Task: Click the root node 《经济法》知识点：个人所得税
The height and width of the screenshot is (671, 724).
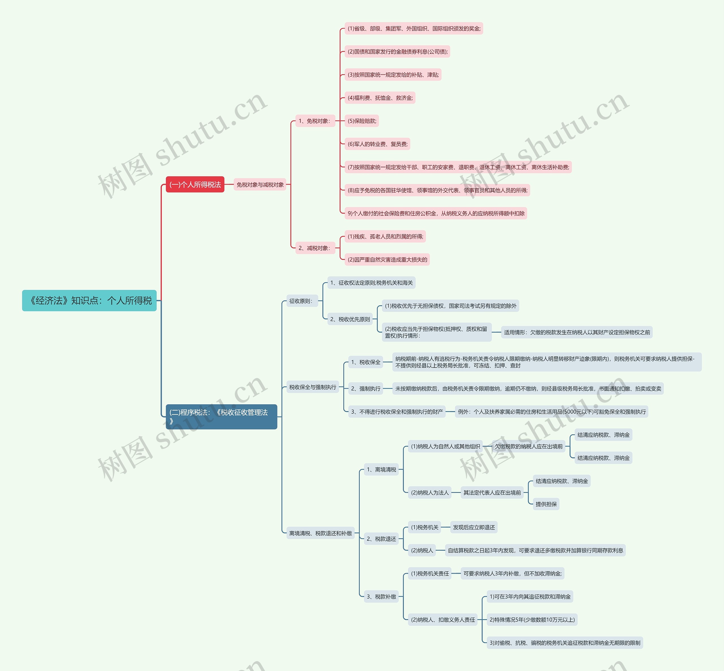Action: pyautogui.click(x=89, y=301)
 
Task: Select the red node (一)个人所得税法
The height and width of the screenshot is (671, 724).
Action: pyautogui.click(x=195, y=184)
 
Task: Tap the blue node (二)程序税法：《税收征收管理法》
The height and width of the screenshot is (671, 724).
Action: pyautogui.click(x=221, y=416)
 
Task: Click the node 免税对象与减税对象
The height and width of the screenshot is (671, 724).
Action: pyautogui.click(x=260, y=184)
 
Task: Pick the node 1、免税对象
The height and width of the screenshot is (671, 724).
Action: pyautogui.click(x=315, y=121)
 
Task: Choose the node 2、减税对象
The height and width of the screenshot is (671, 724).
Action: pyautogui.click(x=315, y=248)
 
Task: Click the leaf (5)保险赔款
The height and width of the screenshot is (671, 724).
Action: pyautogui.click(x=362, y=121)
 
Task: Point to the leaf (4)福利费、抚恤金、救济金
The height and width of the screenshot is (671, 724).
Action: pyautogui.click(x=380, y=98)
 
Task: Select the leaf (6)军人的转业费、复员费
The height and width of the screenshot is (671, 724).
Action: pyautogui.click(x=377, y=144)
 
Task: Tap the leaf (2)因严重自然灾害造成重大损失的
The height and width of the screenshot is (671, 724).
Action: pyautogui.click(x=387, y=260)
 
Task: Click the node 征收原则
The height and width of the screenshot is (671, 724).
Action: pyautogui.click(x=301, y=301)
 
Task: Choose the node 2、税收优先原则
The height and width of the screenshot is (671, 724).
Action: pyautogui.click(x=350, y=319)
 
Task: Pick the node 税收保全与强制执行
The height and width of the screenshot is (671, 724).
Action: pyautogui.click(x=313, y=387)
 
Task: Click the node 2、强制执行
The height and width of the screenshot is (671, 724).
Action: pyautogui.click(x=366, y=388)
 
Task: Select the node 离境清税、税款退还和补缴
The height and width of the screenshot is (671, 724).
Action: pyautogui.click(x=320, y=533)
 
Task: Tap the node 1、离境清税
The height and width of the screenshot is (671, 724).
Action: pyautogui.click(x=381, y=469)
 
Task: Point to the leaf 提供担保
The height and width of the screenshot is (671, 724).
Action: pyautogui.click(x=546, y=504)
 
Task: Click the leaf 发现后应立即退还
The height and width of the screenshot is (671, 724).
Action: pyautogui.click(x=474, y=527)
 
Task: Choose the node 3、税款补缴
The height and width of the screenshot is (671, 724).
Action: pyautogui.click(x=381, y=597)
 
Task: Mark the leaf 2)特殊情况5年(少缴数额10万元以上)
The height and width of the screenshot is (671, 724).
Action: pyautogui.click(x=532, y=620)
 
